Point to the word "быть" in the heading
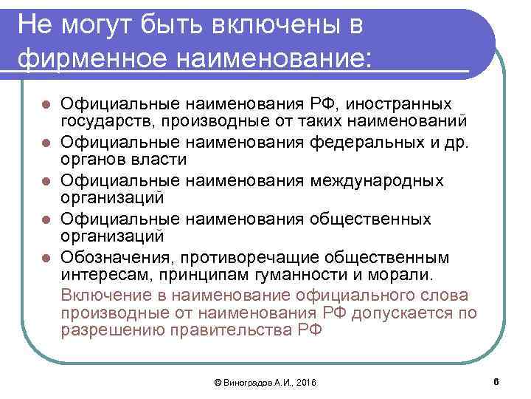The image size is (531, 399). pyautogui.click(x=170, y=25)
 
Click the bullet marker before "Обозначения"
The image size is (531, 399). pyautogui.click(x=46, y=258)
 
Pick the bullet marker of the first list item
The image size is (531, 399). pyautogui.click(x=46, y=103)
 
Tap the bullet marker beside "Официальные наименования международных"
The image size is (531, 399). pyautogui.click(x=46, y=180)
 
